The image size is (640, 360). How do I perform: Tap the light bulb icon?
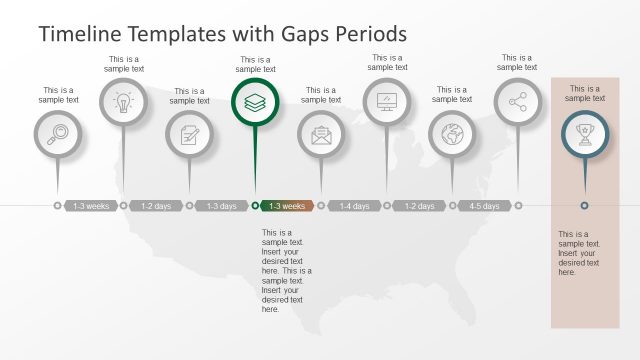click(123, 102)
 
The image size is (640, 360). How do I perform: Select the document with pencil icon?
click(189, 134)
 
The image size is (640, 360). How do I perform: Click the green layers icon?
click(255, 102)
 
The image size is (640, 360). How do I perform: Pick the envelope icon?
click(321, 134)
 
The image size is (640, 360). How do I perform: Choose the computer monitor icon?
click(387, 102)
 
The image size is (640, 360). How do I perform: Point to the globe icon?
click(452, 134)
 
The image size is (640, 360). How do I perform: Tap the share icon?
click(518, 102)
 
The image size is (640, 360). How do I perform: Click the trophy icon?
click(584, 134)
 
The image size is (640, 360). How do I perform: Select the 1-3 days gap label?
click(222, 206)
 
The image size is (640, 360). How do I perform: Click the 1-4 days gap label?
click(354, 206)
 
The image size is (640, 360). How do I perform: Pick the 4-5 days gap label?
click(485, 206)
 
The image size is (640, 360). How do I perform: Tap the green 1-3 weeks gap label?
click(288, 206)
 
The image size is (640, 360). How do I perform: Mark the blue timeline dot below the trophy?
click(584, 206)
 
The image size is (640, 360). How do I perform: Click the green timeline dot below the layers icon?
click(255, 206)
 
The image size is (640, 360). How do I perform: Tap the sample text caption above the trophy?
click(584, 93)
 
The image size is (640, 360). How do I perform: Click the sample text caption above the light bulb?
click(124, 64)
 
